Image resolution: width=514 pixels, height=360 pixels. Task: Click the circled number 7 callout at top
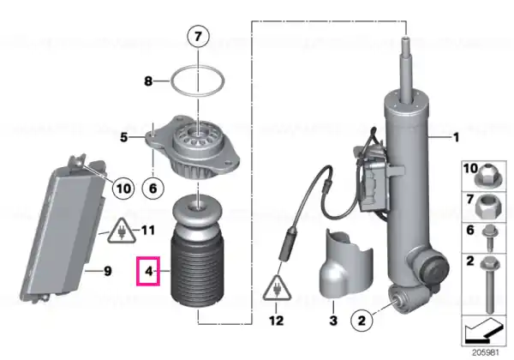click(x=198, y=36)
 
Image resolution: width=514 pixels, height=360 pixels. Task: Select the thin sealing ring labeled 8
click(x=198, y=67)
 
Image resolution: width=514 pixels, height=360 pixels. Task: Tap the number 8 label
click(x=148, y=81)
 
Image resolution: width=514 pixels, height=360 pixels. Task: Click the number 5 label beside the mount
click(x=123, y=137)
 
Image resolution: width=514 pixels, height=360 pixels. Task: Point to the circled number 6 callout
click(x=153, y=189)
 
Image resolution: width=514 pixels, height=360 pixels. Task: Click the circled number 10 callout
click(x=123, y=189)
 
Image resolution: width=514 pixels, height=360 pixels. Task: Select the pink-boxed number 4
click(x=148, y=271)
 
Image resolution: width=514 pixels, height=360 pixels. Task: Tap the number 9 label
click(x=108, y=272)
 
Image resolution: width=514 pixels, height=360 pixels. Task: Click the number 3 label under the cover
click(x=333, y=321)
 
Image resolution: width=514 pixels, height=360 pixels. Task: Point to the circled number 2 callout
click(x=362, y=321)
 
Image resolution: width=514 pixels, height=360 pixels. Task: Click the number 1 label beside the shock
click(x=456, y=137)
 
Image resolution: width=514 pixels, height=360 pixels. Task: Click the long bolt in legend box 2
click(x=489, y=285)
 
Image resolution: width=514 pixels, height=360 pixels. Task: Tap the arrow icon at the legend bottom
click(x=484, y=331)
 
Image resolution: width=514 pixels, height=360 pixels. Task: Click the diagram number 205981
click(x=485, y=353)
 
